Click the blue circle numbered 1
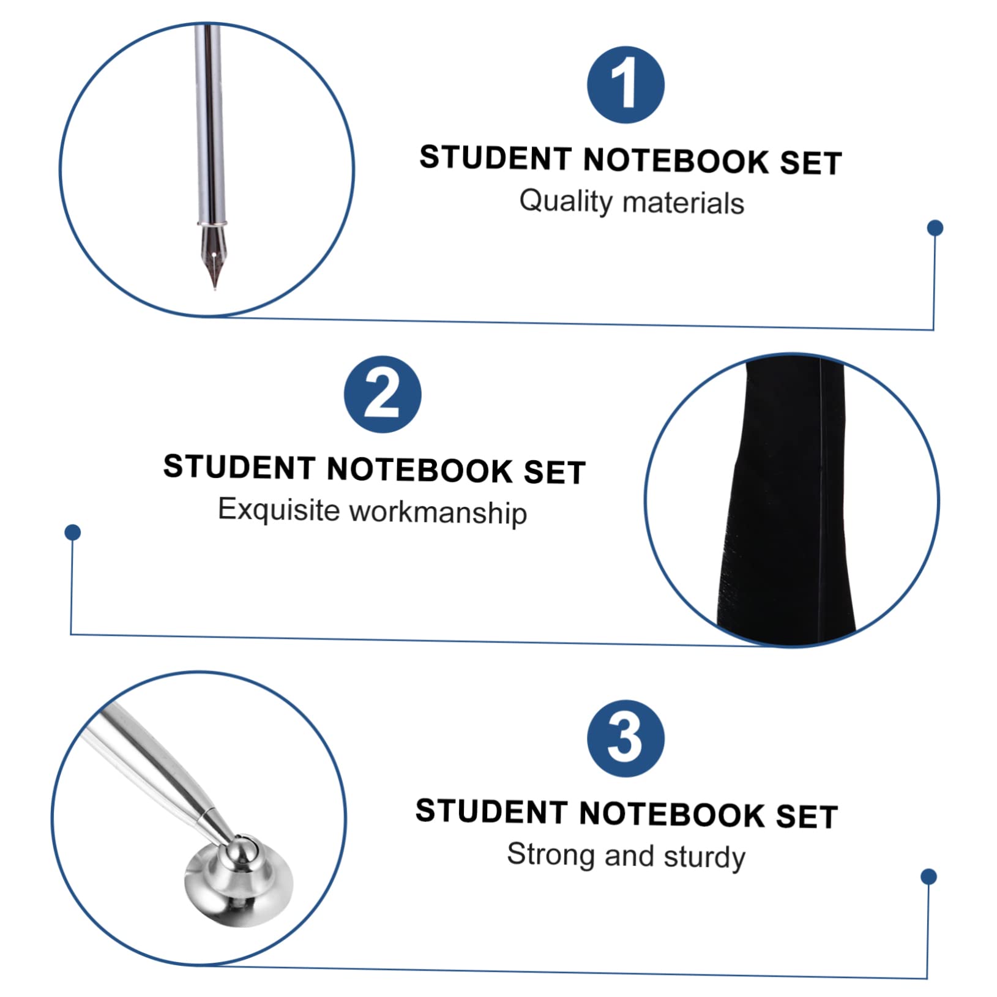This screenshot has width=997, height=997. pos(625,85)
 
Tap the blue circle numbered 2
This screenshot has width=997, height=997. pos(383,395)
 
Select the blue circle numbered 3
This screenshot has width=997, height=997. pos(625,738)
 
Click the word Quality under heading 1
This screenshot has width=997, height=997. pos(566,201)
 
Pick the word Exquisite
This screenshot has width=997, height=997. pos(279,510)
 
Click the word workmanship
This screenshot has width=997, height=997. pos(438,512)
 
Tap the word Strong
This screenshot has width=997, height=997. pos(551,854)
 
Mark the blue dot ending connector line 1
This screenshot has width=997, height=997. pos(935,228)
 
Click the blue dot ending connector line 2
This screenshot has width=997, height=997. pos(73,532)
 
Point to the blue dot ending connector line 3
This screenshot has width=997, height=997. pos(928,877)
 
